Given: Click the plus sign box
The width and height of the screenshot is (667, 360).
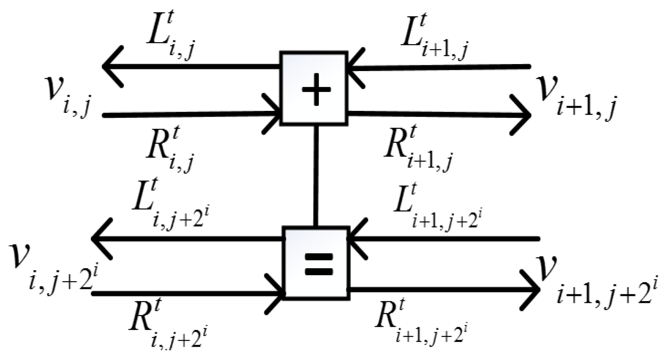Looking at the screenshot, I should [314, 89].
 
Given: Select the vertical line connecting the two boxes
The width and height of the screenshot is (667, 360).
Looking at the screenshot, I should [316, 176].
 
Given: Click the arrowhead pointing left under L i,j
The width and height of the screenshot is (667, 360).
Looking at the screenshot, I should [111, 66].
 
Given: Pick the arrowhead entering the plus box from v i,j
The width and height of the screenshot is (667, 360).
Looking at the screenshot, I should [273, 114].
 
